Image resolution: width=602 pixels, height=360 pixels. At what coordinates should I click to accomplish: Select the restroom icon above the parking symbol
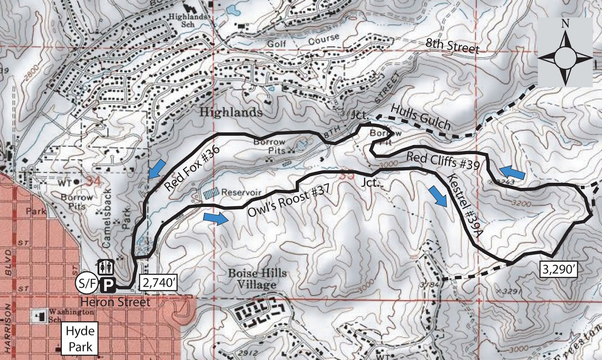[106, 267]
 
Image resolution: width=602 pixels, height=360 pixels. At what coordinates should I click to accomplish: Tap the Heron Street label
[116, 302]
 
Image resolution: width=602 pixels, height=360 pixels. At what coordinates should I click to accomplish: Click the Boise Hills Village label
[257, 279]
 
